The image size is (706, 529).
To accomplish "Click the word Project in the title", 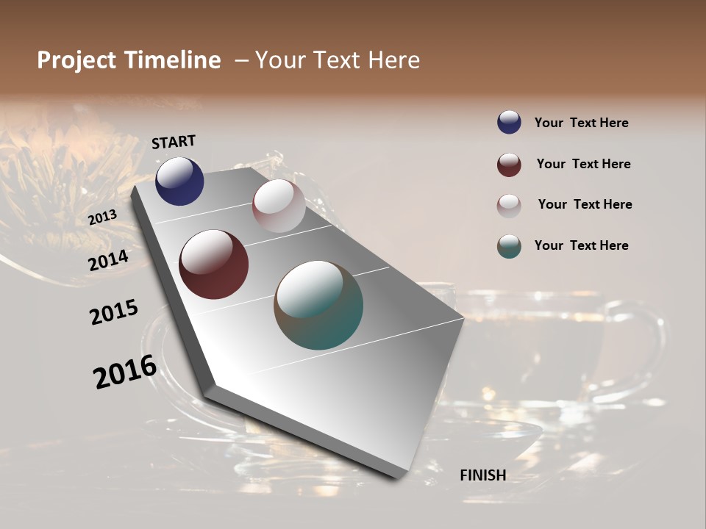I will tap(77, 60).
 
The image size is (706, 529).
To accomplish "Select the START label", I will tap(174, 142).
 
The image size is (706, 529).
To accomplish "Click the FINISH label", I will tap(483, 475).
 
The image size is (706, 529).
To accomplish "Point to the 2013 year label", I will tap(102, 217).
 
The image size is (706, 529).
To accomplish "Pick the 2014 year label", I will tap(108, 260).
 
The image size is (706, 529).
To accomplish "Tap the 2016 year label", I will tap(125, 372).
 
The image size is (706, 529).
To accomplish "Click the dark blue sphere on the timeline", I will tap(179, 181).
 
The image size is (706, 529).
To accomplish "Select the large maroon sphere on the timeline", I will tap(213, 264).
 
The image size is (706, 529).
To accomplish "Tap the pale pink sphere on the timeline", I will tap(279, 206).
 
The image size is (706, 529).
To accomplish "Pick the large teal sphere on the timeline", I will tap(318, 305).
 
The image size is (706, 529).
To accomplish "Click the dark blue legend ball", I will tap(509, 122).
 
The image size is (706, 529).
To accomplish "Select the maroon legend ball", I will tap(509, 165).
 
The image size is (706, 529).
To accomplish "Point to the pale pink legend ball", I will tap(509, 205).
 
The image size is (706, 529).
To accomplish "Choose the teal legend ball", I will tap(509, 246).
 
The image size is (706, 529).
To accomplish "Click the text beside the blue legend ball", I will tap(581, 123).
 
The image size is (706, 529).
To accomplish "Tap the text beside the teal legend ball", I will tap(581, 245).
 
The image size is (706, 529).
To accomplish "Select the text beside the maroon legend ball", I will tap(583, 164).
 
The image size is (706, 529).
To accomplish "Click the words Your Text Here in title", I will tap(338, 60).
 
